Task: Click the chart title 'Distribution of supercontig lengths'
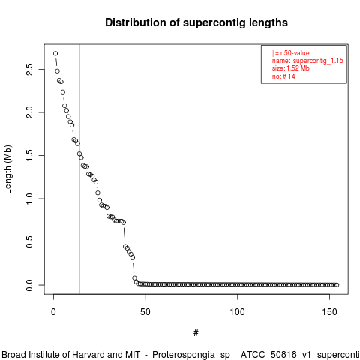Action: [196, 22]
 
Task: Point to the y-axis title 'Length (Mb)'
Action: [7, 169]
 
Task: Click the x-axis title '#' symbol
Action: [196, 333]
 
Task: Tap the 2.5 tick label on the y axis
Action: [29, 69]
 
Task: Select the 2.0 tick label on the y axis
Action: [29, 112]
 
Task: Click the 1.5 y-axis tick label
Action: [29, 155]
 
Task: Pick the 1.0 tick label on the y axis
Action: [29, 199]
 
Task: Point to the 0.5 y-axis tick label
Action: [29, 241]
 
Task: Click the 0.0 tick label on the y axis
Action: [29, 285]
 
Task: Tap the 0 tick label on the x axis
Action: [53, 312]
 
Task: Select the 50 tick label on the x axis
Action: [145, 312]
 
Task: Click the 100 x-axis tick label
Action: [237, 312]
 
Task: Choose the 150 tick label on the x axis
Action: [329, 312]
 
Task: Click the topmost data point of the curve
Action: [55, 53]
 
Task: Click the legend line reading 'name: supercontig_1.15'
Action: [307, 61]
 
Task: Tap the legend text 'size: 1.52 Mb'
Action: [291, 68]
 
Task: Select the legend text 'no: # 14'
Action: [283, 76]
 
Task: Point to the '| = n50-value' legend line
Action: [291, 53]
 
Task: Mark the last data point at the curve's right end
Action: [337, 285]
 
